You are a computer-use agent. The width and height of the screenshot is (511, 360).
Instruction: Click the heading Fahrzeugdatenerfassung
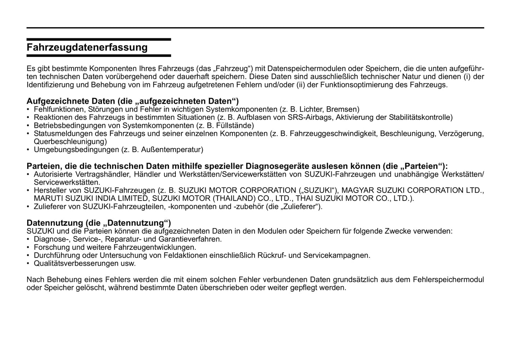point(87,47)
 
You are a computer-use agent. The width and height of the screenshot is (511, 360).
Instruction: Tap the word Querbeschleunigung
point(70,142)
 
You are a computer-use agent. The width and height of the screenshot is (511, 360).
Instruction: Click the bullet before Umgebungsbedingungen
point(28,150)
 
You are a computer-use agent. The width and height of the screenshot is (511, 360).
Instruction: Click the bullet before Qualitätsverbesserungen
point(28,264)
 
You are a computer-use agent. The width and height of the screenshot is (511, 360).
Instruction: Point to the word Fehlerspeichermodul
point(448,280)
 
